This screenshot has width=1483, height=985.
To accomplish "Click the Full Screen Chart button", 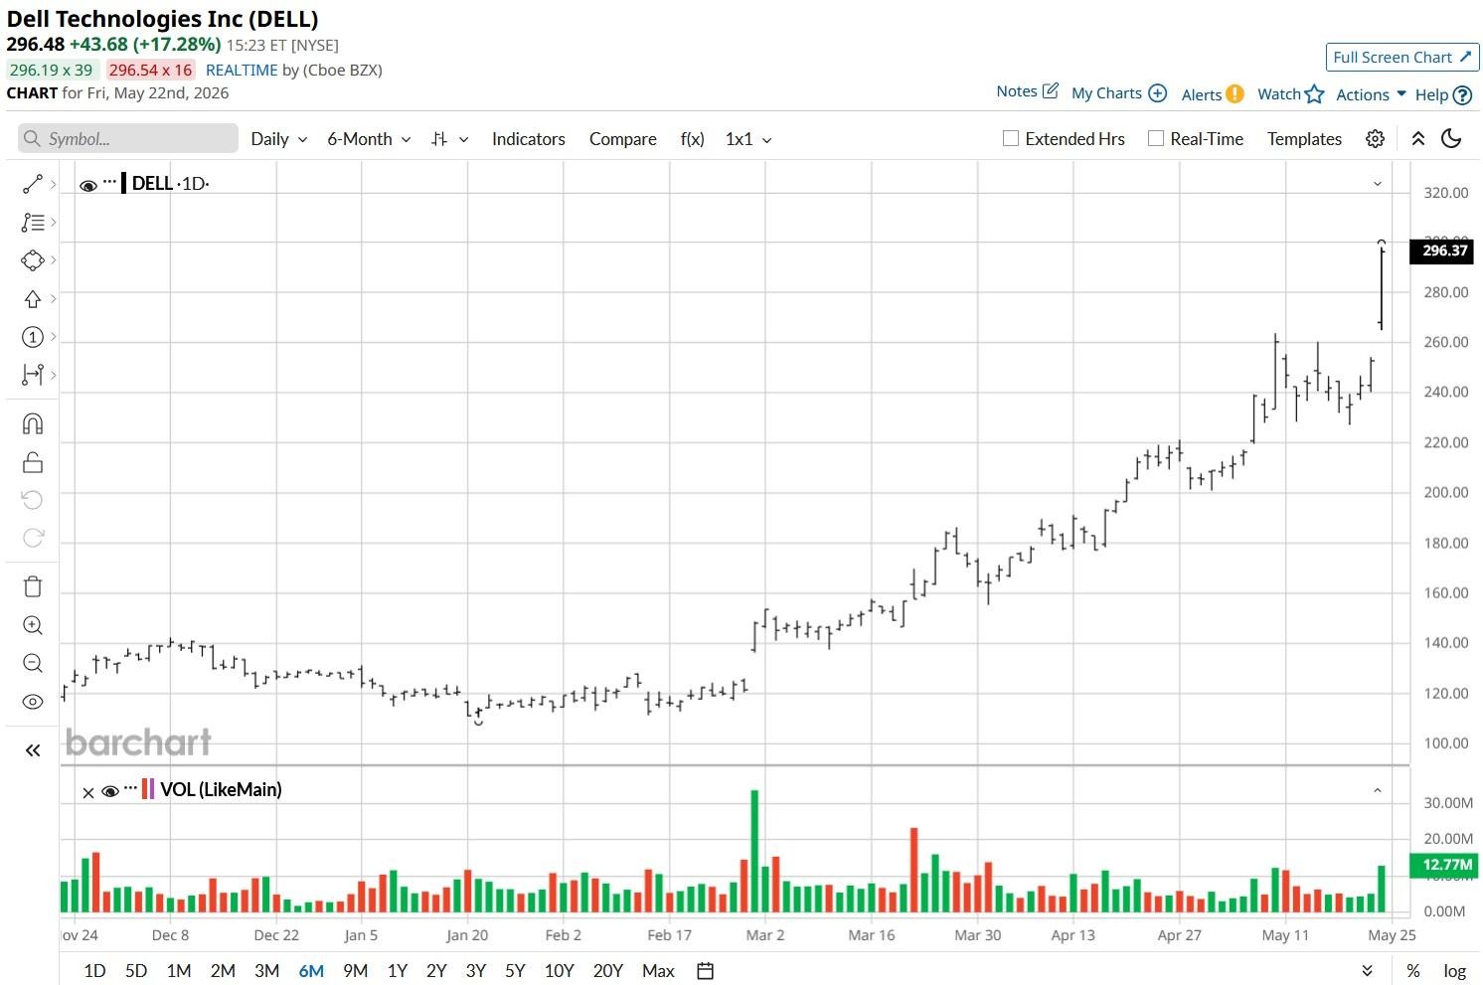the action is [1401, 57].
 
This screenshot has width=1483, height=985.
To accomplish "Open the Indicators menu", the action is [529, 139].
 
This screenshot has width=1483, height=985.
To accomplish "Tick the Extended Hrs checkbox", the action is [1010, 138].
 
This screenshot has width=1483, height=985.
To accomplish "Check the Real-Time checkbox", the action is [1155, 138].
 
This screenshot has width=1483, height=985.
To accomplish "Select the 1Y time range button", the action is [397, 970].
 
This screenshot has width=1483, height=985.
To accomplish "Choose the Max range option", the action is [658, 970].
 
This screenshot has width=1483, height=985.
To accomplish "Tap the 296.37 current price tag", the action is [1444, 250].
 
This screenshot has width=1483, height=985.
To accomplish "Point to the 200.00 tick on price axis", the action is [1446, 493].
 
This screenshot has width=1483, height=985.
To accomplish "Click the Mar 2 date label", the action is [764, 934].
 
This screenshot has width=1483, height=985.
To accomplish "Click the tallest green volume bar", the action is [754, 851].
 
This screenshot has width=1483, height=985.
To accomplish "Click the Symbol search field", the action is [128, 138].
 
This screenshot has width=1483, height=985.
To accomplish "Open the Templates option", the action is [1304, 139].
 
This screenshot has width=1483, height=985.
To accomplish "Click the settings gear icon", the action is [1375, 139].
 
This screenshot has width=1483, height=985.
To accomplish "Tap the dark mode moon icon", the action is [1451, 139].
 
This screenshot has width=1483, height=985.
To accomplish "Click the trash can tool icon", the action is [33, 585].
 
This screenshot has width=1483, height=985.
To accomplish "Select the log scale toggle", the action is [1455, 971].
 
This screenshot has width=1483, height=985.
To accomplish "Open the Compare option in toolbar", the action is [623, 139].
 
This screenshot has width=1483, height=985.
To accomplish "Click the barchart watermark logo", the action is [138, 742].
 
